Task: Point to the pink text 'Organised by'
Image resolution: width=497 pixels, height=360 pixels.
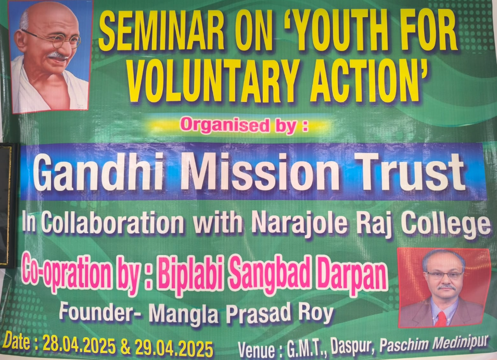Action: coord(244,125)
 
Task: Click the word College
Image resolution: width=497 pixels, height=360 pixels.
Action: coord(445,223)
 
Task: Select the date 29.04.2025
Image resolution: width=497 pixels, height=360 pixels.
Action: coord(174,348)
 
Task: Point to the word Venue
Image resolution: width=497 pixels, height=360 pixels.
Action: coord(256,350)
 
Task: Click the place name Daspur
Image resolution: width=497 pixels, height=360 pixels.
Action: coord(352,348)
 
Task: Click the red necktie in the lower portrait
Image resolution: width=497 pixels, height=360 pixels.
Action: coord(441,319)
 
